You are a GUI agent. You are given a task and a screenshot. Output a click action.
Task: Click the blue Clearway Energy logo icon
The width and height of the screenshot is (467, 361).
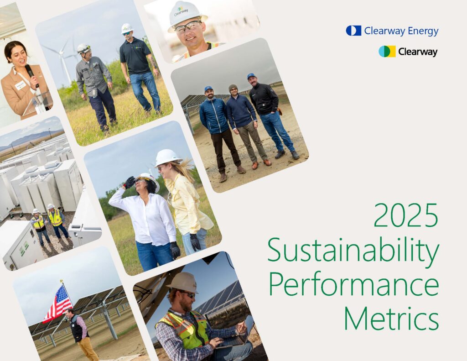tap(353, 31)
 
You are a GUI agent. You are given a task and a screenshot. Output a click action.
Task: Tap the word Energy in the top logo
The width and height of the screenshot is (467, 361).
tap(423, 31)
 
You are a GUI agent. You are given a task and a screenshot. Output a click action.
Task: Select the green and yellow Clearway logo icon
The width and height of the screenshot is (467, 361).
tap(387, 51)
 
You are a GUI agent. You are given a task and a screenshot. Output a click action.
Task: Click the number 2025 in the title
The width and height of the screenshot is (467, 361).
tap(405, 215)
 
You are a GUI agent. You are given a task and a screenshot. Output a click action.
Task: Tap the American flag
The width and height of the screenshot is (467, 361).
tap(58, 303)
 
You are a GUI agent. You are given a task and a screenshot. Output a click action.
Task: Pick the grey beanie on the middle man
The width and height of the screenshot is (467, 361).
tap(233, 88)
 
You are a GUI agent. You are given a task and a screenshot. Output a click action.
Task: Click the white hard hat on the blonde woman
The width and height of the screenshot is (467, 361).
tap(167, 157)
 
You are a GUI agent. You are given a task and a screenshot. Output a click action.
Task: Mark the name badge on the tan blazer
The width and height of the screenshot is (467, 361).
tap(21, 85)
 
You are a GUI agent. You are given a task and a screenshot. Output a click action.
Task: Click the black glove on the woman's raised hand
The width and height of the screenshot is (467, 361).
tap(129, 182)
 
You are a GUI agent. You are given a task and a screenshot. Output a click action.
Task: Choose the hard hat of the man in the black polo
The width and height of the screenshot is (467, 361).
tap(127, 28)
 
